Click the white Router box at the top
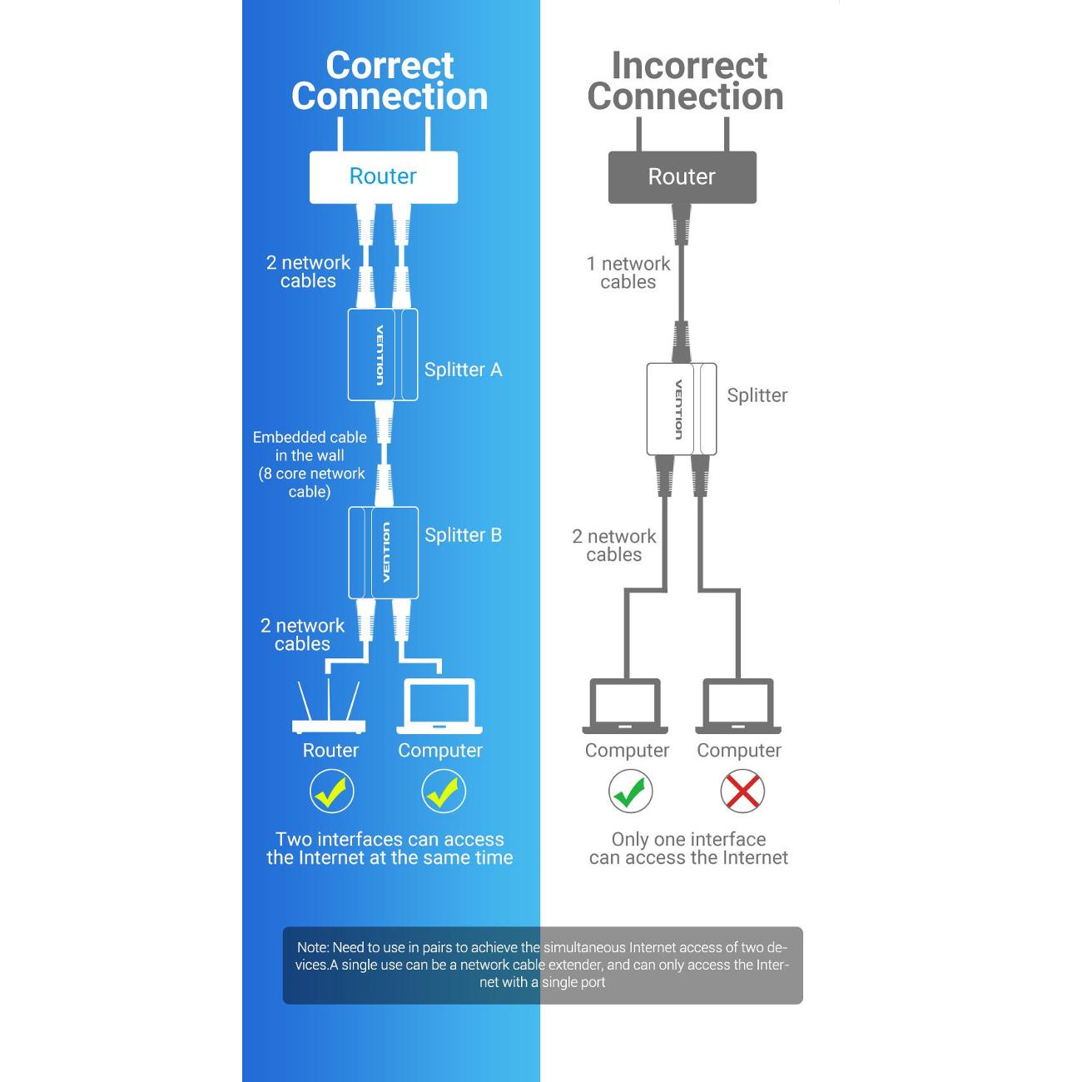[383, 176]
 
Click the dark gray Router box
[682, 176]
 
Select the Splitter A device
[382, 355]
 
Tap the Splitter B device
[383, 552]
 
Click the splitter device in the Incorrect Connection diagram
[681, 409]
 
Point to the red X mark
[742, 791]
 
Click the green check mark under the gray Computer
[630, 791]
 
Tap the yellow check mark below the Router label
[331, 791]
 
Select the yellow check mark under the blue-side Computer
[443, 791]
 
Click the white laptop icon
[439, 707]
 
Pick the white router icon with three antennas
[329, 709]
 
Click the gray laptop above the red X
[738, 707]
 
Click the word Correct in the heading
[390, 66]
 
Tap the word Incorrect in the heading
[688, 66]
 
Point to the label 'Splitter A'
[463, 370]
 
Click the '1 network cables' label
[628, 273]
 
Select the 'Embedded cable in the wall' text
[310, 446]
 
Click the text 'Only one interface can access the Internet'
[688, 848]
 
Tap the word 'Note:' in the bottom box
[313, 947]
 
